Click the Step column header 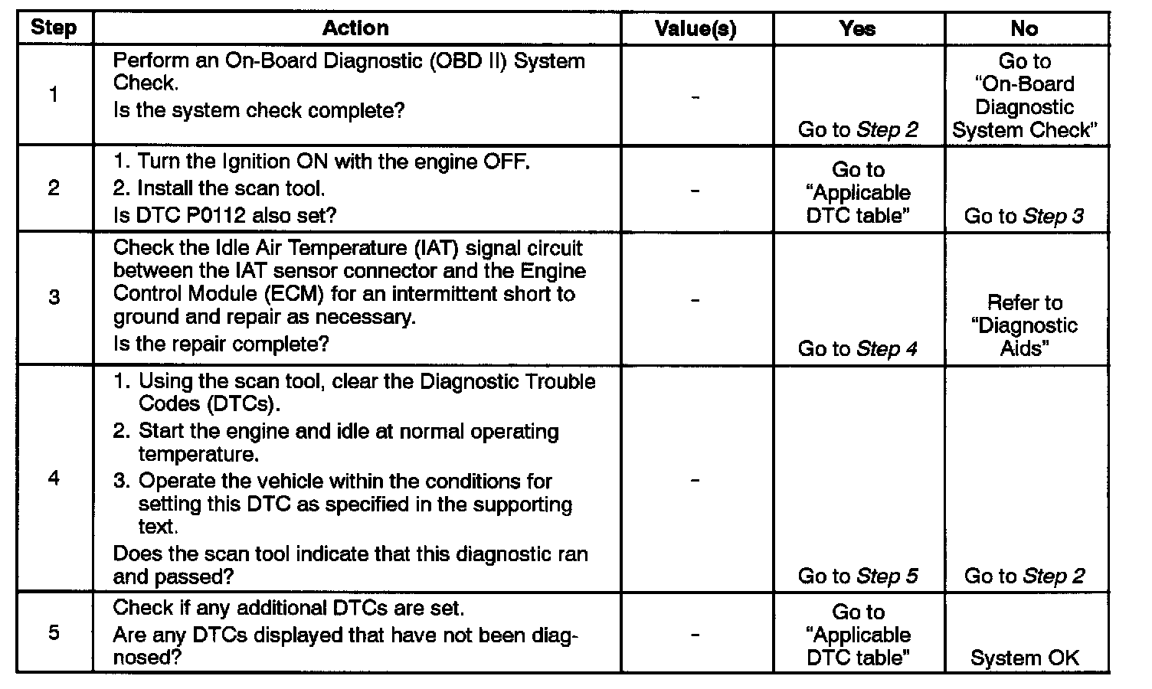tap(54, 28)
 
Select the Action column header tap(355, 28)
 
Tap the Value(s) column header tap(695, 29)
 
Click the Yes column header tap(857, 29)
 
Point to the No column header tap(1024, 29)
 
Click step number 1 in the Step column tap(54, 95)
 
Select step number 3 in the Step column tap(54, 297)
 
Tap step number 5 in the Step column tap(54, 633)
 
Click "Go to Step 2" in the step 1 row tap(858, 130)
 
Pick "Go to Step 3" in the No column tap(1024, 216)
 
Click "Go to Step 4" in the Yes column tap(858, 349)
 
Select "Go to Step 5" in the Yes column tap(858, 576)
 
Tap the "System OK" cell tap(1024, 658)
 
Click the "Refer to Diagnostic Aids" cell tap(1024, 325)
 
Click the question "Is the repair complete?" tap(221, 344)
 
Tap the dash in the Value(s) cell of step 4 tap(695, 480)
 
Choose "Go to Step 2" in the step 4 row tap(1024, 576)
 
